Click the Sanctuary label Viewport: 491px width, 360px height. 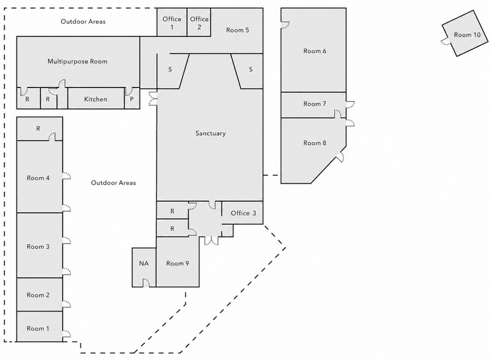tap(210, 133)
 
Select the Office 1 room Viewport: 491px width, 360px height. tap(171, 23)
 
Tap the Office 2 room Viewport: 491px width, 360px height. tap(199, 23)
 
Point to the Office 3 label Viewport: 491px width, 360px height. tap(243, 213)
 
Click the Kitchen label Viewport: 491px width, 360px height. tap(96, 99)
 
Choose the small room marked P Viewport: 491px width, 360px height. tap(132, 99)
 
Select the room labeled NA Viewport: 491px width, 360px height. tap(144, 264)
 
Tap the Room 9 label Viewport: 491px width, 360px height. tap(178, 264)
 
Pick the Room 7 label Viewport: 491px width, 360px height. tap(315, 104)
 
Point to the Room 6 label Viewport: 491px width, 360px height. tap(315, 51)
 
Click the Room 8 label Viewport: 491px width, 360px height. tap(315, 143)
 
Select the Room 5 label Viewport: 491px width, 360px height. tap(237, 29)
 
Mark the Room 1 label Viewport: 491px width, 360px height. tap(38, 328)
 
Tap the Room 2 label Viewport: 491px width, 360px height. tap(38, 294)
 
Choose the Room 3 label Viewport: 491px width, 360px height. tap(38, 246)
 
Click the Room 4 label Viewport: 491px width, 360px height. tap(38, 178)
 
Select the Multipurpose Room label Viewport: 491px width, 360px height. tap(77, 62)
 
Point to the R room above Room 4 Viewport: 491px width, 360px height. tap(38, 129)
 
